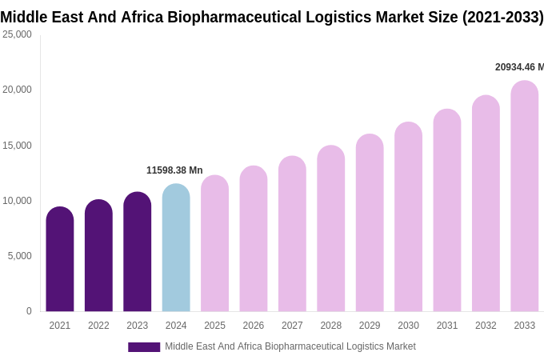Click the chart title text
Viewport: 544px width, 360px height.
click(272, 17)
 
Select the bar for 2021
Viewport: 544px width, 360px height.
click(60, 260)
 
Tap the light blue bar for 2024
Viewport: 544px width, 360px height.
click(176, 248)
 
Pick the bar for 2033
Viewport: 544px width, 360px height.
click(525, 197)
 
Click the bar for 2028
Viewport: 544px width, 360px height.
click(331, 229)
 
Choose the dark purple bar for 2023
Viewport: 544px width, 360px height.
click(138, 252)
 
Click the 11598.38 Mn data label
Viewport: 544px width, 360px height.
click(174, 170)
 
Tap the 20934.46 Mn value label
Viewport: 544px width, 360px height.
click(519, 67)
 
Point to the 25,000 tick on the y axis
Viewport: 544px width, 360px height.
click(17, 34)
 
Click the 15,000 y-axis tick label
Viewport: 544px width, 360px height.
click(17, 145)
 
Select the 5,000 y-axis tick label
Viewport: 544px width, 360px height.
click(19, 256)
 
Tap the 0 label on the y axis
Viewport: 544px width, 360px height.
click(29, 311)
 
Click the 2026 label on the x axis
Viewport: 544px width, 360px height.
click(254, 326)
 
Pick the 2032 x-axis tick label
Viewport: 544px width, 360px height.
click(486, 326)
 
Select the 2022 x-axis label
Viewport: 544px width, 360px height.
click(98, 326)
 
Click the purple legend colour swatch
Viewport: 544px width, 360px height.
click(144, 347)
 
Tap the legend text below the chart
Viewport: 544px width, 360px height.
click(290, 346)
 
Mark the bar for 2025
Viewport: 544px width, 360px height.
click(214, 244)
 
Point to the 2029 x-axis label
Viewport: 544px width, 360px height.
click(370, 326)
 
